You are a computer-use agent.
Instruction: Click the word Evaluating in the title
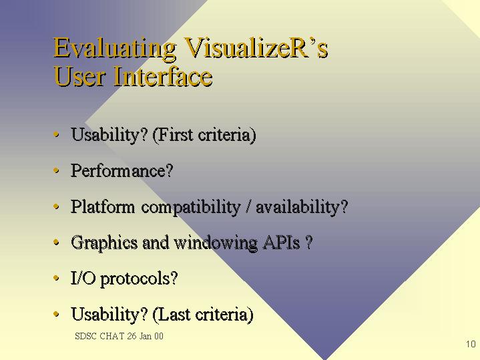pyautogui.click(x=115, y=48)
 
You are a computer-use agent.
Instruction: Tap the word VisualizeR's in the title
pyautogui.click(x=256, y=48)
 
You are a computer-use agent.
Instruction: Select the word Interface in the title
pyautogui.click(x=163, y=76)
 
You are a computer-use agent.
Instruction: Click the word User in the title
pyautogui.click(x=79, y=77)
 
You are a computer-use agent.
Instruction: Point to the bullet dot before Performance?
pyautogui.click(x=56, y=170)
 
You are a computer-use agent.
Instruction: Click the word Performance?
pyautogui.click(x=122, y=170)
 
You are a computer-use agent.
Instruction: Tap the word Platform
pyautogui.click(x=103, y=206)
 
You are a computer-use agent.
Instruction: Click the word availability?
pyautogui.click(x=302, y=207)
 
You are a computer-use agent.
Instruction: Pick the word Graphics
pyautogui.click(x=104, y=243)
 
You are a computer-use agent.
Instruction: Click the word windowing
pyautogui.click(x=216, y=243)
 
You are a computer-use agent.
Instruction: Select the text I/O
pyautogui.click(x=83, y=278)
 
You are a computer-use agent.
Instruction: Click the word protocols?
pyautogui.click(x=139, y=279)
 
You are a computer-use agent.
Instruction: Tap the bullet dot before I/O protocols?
pyautogui.click(x=56, y=279)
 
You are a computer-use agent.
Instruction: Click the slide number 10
pyautogui.click(x=471, y=344)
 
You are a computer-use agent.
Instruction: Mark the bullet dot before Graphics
pyautogui.click(x=56, y=242)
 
